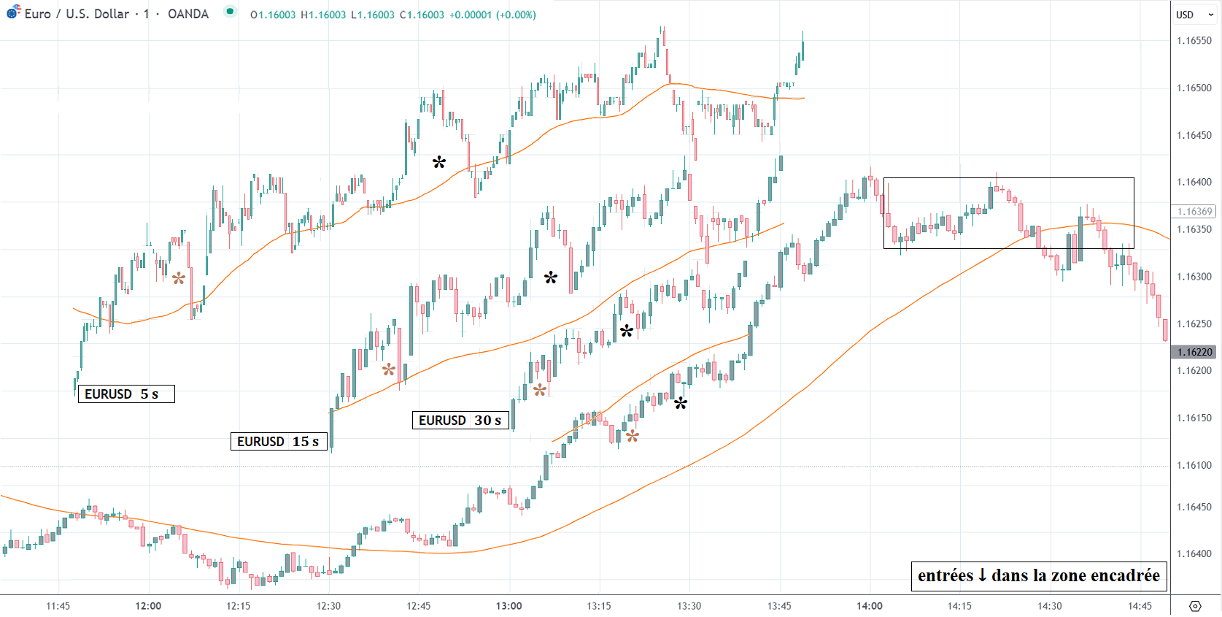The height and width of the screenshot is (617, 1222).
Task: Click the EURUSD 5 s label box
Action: [126, 394]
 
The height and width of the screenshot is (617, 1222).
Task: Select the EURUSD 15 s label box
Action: [279, 441]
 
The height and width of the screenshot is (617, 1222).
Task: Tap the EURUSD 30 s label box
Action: [460, 420]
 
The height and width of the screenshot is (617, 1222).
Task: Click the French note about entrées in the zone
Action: [1038, 575]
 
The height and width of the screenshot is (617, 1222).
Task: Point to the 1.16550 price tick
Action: [1194, 41]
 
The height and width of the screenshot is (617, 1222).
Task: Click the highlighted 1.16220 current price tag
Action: [1194, 352]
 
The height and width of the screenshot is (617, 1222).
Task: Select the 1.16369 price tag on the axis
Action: [1194, 212]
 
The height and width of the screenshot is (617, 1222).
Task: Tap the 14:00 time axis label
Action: [870, 606]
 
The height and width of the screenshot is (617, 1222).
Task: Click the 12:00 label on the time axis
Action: [148, 606]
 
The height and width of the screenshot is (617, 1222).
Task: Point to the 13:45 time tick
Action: [779, 606]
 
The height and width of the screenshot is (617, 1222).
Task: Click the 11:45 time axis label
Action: [58, 606]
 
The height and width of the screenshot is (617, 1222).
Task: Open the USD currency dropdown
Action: [1194, 15]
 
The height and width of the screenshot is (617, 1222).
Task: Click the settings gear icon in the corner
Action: [1195, 606]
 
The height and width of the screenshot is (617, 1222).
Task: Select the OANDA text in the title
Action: [188, 14]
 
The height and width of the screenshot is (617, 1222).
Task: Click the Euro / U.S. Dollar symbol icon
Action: [13, 12]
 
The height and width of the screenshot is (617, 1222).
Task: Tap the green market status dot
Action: [230, 12]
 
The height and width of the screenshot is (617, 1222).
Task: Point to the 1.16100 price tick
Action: [1194, 465]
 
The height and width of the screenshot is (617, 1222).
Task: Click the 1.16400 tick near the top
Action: [1194, 183]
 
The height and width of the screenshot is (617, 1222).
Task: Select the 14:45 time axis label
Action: [1140, 606]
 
